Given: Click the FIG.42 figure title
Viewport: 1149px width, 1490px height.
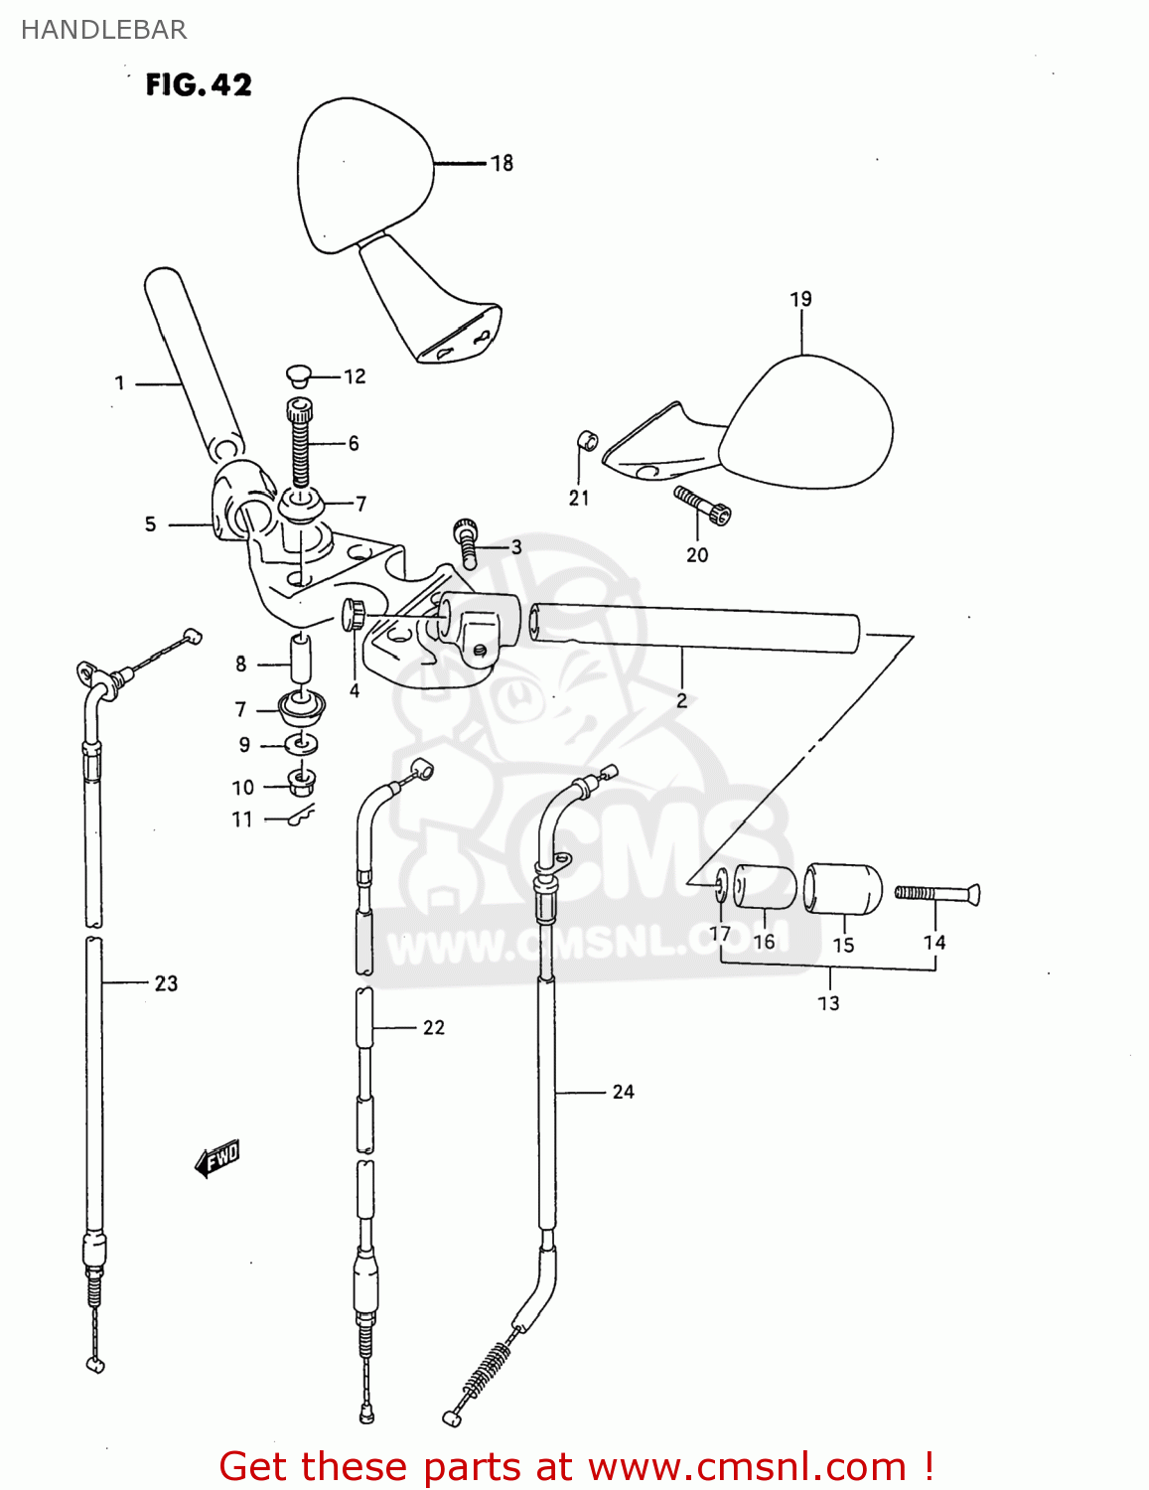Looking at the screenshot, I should click(199, 85).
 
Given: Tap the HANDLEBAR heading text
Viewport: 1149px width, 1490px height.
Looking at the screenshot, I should click(103, 30).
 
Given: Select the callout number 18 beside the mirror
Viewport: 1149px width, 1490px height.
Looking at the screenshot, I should click(503, 163).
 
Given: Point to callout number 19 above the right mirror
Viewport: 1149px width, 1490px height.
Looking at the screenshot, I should click(800, 299).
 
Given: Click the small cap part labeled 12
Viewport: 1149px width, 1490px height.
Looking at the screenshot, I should click(297, 374).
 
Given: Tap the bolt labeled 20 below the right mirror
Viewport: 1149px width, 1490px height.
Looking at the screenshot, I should click(703, 505).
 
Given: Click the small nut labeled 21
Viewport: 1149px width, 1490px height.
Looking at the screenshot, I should click(587, 439).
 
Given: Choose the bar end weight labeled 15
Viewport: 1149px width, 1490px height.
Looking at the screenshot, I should click(843, 889).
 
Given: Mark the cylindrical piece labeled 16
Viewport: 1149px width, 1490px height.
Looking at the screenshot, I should click(765, 887).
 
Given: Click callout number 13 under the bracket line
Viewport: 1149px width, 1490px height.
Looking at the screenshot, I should click(828, 1003).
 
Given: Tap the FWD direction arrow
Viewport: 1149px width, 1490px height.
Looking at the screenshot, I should click(217, 1157).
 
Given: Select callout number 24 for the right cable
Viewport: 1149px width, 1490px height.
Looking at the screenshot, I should click(623, 1092).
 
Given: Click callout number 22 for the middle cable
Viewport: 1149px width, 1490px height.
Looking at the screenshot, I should click(434, 1027).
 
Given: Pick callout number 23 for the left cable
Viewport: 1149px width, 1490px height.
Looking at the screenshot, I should click(166, 983).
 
